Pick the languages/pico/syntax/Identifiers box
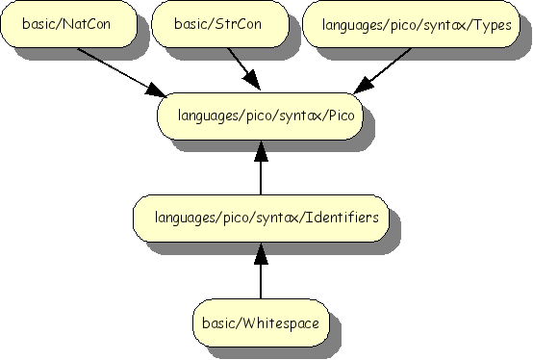261,218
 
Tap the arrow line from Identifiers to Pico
261,173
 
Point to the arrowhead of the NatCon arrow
155,90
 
